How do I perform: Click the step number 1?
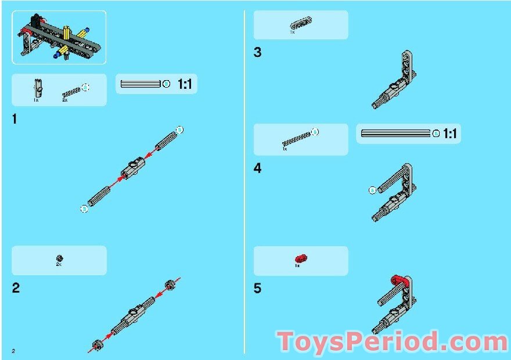point(15,120)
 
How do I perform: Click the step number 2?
point(16,288)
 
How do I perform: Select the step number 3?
point(257,53)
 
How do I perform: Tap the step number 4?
point(257,169)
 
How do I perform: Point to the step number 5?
point(257,289)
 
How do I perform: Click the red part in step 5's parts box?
point(300,258)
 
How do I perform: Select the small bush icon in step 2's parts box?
point(59,258)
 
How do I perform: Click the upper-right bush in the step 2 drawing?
point(170,285)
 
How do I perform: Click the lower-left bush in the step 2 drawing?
point(97,344)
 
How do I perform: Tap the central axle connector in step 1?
point(132,168)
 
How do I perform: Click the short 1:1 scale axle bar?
point(140,84)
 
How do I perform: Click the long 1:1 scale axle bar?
point(395,134)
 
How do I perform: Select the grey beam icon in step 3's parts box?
point(300,23)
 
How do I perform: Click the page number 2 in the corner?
point(13,351)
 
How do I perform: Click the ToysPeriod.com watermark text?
point(392,342)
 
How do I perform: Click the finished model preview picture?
point(59,37)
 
